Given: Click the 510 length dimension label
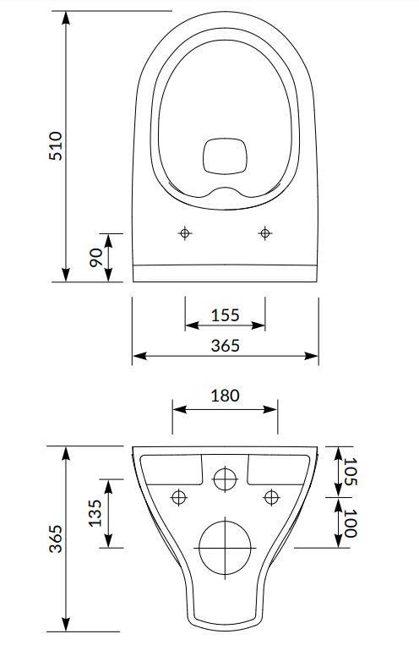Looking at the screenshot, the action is click(56, 145).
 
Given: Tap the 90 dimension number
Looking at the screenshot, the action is click(96, 258).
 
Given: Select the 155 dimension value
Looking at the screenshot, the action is click(225, 315).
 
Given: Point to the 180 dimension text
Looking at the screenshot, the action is click(225, 396).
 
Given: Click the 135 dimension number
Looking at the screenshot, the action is click(95, 513).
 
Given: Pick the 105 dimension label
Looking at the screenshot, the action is click(351, 472).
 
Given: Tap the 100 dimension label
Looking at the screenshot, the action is click(351, 523).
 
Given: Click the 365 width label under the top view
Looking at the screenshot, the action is click(225, 346).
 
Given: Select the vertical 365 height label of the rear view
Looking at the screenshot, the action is click(56, 538).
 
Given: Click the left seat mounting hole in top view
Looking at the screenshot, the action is click(185, 233).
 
